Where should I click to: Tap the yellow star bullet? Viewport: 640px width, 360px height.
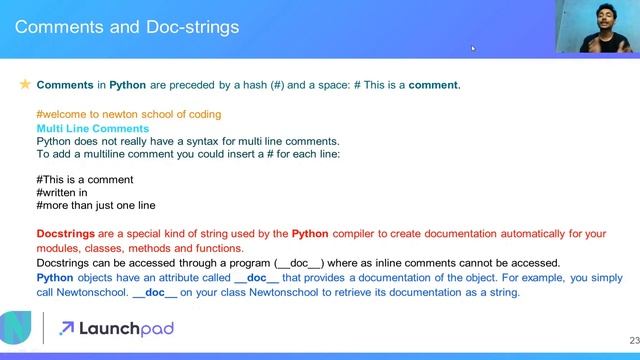[x=25, y=86]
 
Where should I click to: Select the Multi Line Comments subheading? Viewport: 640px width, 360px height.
[x=92, y=129]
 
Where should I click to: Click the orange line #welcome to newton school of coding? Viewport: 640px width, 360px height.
[x=128, y=115]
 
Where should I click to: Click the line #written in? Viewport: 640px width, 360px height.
[x=62, y=193]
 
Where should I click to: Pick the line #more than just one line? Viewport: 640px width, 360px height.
[x=95, y=206]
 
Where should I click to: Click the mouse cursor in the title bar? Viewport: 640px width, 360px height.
[x=473, y=47]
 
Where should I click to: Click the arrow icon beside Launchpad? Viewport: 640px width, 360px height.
[x=68, y=327]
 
